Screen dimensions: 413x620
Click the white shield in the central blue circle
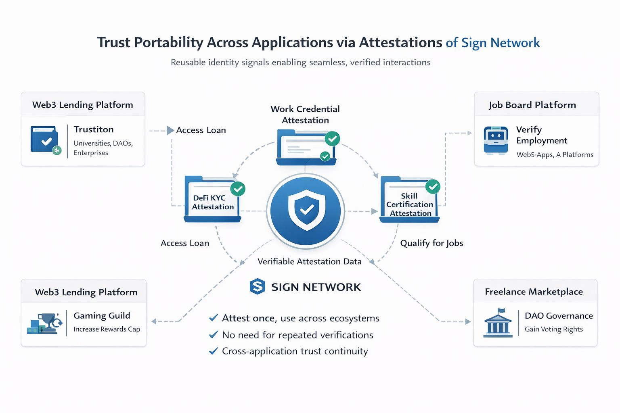[306, 209]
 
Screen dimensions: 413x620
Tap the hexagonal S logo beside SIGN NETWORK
[258, 287]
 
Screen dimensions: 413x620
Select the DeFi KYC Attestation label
[212, 202]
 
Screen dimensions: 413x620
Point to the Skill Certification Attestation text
[410, 204]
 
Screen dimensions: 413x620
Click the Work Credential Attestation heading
[305, 115]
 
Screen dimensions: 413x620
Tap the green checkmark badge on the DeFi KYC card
[238, 188]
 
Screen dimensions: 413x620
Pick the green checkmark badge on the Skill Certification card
[433, 186]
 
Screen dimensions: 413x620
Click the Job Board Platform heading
[532, 105]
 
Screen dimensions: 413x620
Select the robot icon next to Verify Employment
[496, 140]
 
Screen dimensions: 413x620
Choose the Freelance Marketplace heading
[534, 292]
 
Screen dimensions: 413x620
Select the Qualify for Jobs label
[431, 243]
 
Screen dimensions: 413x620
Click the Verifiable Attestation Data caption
[310, 261]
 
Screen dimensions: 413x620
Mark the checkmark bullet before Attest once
[214, 318]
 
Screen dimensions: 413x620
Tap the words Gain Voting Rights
[553, 329]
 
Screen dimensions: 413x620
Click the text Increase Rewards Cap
[107, 329]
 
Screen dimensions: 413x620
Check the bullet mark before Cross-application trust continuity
[214, 351]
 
